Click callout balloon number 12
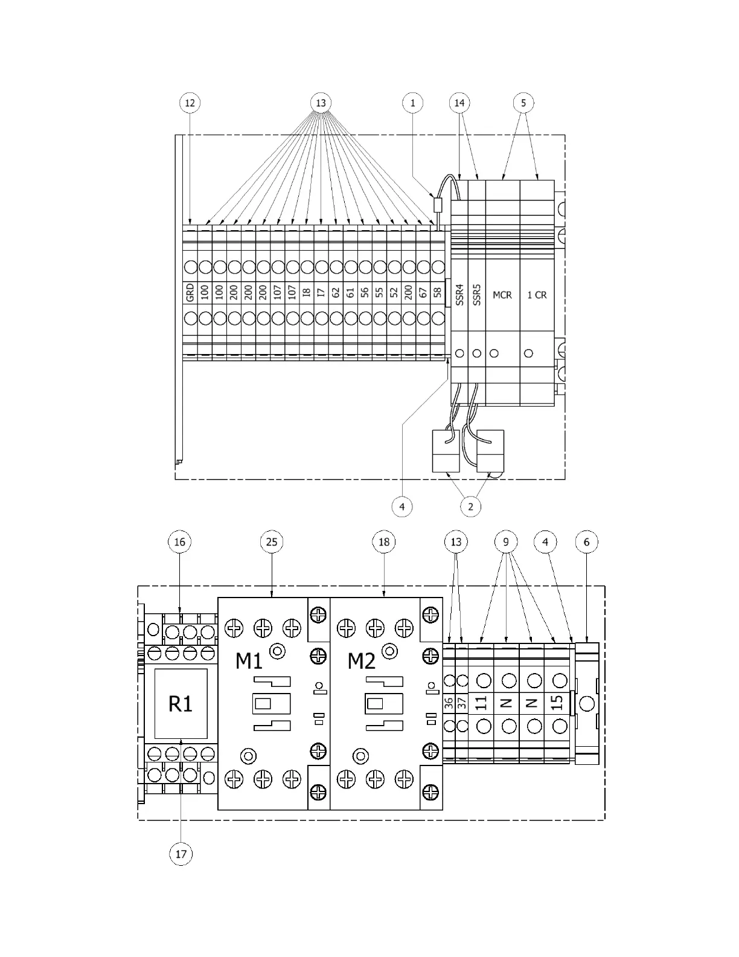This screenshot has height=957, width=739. pyautogui.click(x=190, y=103)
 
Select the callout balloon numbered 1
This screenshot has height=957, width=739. pyautogui.click(x=413, y=103)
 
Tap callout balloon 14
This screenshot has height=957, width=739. pyautogui.click(x=459, y=103)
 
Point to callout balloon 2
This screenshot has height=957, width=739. pyautogui.click(x=471, y=506)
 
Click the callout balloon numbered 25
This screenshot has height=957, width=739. pyautogui.click(x=272, y=542)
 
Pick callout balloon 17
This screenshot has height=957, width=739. pyautogui.click(x=181, y=854)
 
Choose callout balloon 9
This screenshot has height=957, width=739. pyautogui.click(x=506, y=542)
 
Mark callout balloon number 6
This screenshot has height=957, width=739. pyautogui.click(x=587, y=542)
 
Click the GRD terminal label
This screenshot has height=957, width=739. pyautogui.click(x=190, y=294)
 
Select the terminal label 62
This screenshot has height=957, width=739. pyautogui.click(x=336, y=293)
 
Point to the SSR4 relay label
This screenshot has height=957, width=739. pyautogui.click(x=459, y=294)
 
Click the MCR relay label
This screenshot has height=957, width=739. pyautogui.click(x=502, y=295)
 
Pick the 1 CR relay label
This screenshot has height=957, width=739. pyautogui.click(x=537, y=295)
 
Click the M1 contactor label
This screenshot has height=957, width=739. pyautogui.click(x=249, y=661)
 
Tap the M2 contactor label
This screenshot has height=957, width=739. pyautogui.click(x=361, y=661)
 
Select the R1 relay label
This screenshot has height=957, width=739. pyautogui.click(x=181, y=703)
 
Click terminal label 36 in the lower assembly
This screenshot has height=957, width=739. pyautogui.click(x=449, y=703)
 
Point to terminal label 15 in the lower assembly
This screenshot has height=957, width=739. pyautogui.click(x=557, y=702)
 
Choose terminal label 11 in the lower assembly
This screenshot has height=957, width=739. pyautogui.click(x=481, y=703)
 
